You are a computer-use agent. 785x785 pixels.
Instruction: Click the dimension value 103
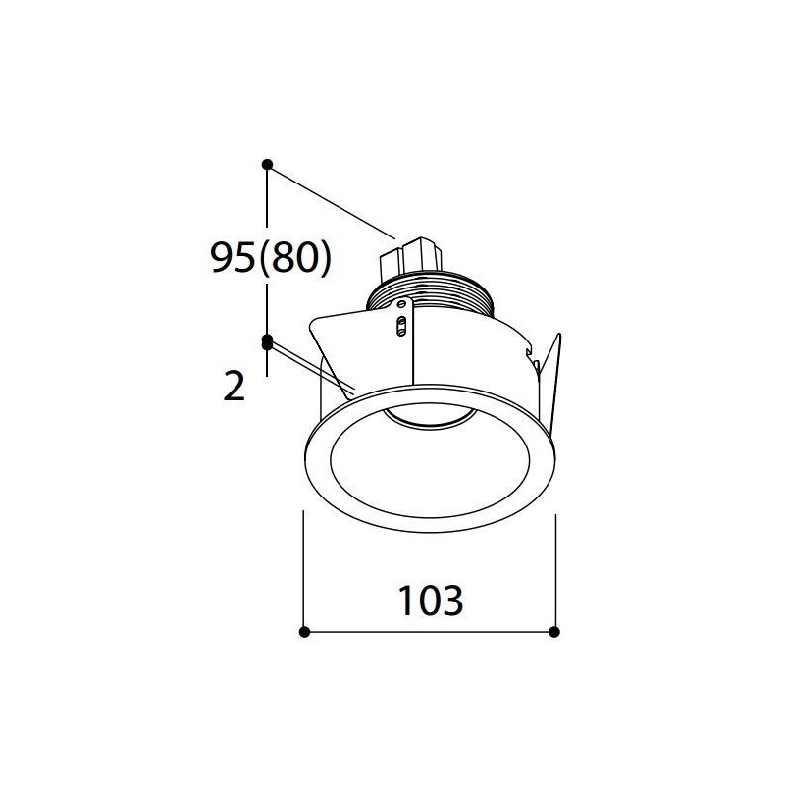430,601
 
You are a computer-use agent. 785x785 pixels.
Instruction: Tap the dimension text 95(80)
271,258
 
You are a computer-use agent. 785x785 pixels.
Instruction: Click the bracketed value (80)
296,258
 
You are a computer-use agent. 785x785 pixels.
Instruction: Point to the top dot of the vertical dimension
267,164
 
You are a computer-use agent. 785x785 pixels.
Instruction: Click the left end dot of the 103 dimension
304,632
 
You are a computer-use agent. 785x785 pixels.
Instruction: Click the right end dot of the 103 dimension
554,632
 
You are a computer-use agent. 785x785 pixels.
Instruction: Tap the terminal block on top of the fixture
411,259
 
